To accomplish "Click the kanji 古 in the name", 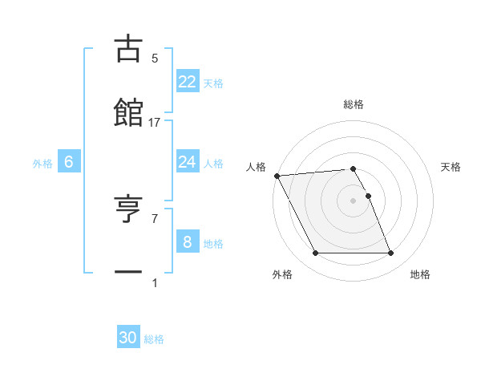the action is click(x=128, y=49).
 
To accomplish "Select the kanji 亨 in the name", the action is click(x=128, y=210).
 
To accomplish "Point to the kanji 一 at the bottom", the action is click(x=128, y=273).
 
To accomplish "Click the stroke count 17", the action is click(x=155, y=123).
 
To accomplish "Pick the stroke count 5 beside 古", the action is click(x=155, y=59).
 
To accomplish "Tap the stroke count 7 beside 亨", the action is click(x=155, y=218).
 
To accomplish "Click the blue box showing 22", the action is click(x=187, y=82).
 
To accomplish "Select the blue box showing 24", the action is click(x=187, y=162).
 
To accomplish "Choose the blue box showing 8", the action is click(x=187, y=241).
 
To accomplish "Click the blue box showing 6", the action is click(x=69, y=162).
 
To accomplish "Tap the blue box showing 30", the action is click(x=128, y=338).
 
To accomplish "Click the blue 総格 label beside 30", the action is click(x=154, y=339).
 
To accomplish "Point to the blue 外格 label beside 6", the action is click(x=42, y=163).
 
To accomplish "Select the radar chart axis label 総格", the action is click(x=354, y=104).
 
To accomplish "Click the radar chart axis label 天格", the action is click(x=451, y=167).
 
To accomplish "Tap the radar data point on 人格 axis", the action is click(x=277, y=176).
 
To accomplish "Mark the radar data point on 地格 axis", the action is click(x=390, y=253).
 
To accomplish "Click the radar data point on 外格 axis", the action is click(x=315, y=253).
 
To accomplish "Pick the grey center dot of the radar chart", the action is click(x=354, y=201).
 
